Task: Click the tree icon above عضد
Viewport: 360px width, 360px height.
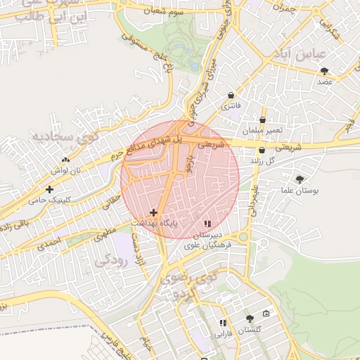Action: (324, 70)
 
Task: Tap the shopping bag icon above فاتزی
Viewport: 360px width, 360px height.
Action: (231, 95)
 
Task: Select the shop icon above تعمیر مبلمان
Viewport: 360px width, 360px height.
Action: (262, 120)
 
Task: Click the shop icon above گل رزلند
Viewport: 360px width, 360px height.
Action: (262, 150)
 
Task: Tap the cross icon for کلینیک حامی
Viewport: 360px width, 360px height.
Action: (49, 189)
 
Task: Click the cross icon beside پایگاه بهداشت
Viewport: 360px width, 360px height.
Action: (154, 212)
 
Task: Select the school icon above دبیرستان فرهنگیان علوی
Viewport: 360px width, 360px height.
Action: (207, 223)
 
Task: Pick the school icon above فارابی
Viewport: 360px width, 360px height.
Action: (223, 323)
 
